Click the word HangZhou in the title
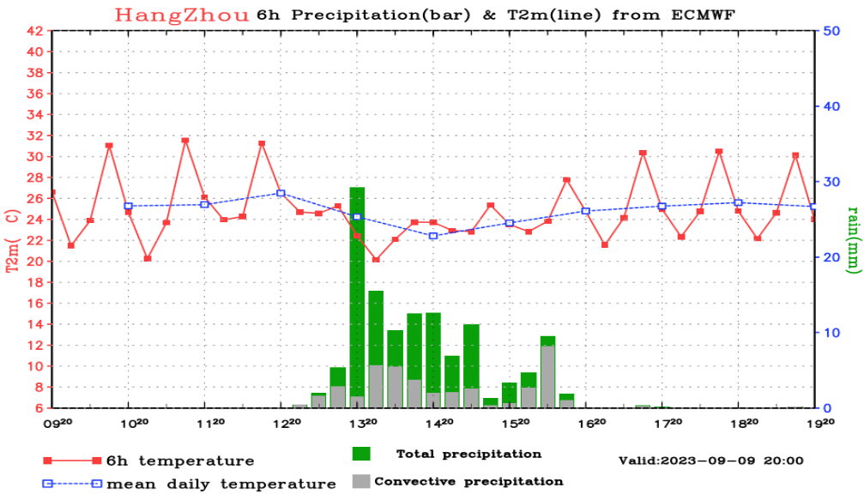182,15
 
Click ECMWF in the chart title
703,15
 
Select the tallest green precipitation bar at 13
357,292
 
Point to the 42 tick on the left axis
35,31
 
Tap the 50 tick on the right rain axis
831,31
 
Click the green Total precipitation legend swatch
361,454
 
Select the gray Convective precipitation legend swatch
361,481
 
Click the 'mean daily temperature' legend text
221,484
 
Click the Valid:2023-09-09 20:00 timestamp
711,461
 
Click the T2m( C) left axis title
12,241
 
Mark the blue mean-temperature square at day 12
281,193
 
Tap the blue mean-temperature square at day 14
433,236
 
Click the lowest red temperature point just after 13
376,259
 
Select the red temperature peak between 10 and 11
184,140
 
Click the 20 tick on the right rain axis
831,257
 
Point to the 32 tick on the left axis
35,136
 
